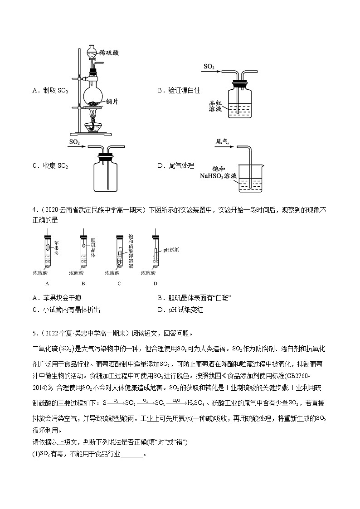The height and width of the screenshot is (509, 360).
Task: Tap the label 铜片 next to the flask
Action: point(112,102)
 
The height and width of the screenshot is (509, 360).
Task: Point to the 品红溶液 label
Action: point(214,107)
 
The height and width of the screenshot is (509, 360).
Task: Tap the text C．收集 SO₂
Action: point(50,165)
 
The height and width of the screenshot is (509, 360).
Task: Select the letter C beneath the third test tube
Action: point(119,284)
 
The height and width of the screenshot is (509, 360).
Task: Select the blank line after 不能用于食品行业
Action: point(132,454)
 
